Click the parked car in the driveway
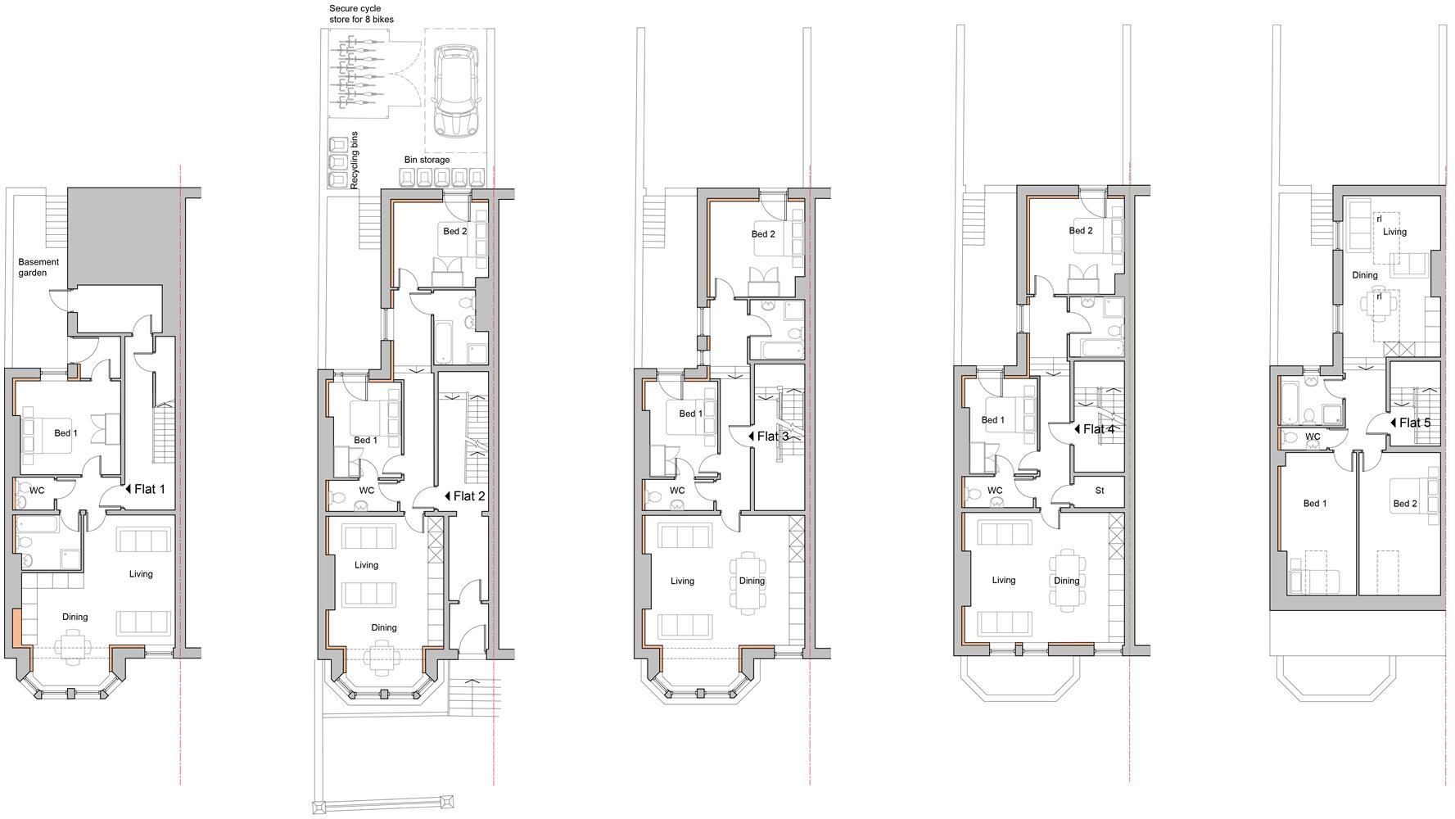[x=455, y=91]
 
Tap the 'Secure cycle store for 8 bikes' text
[x=361, y=13]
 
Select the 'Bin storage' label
[x=427, y=160]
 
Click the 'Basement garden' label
[x=38, y=267]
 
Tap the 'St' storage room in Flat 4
[x=1100, y=491]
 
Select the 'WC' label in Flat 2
[x=366, y=491]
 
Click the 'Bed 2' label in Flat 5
[x=1404, y=504]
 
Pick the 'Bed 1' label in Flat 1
[x=66, y=432]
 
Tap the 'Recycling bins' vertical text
[x=355, y=161]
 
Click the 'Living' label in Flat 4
[x=1003, y=580]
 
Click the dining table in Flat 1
[x=73, y=644]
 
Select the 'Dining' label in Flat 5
[x=1364, y=275]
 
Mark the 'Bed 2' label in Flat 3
[x=762, y=234]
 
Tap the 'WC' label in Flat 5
[x=1312, y=437]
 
